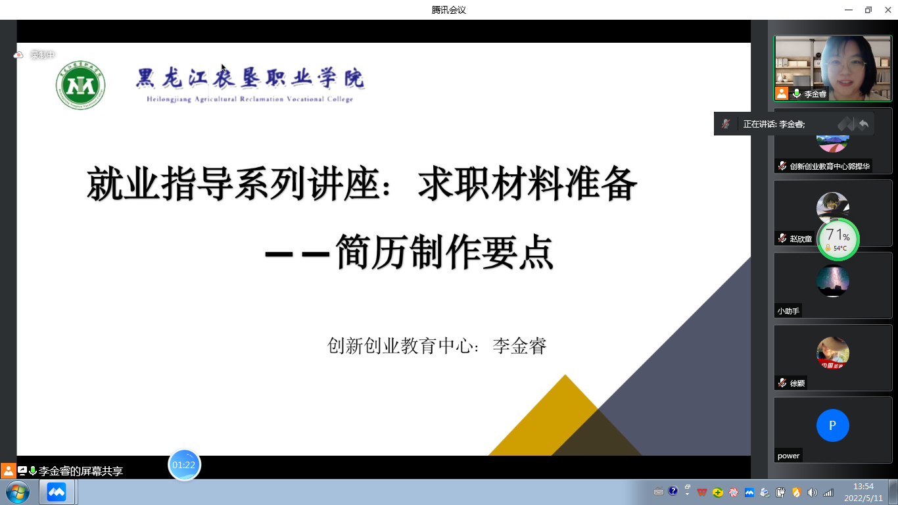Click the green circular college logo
[x=81, y=85]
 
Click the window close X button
[x=887, y=10]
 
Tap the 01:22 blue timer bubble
[x=184, y=465]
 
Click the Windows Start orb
[x=18, y=492]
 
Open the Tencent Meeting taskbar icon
[x=57, y=492]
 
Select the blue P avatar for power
[x=833, y=425]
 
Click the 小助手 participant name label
[x=788, y=311]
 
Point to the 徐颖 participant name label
[x=797, y=383]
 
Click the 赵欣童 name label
[x=801, y=239]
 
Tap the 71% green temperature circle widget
[x=838, y=239]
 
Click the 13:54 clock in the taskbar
[x=863, y=487]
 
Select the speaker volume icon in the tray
[x=812, y=493]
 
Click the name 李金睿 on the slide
[x=519, y=346]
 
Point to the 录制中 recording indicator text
[x=43, y=55]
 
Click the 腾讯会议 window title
[x=448, y=10]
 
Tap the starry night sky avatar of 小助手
[x=833, y=281]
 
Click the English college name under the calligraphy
[x=250, y=99]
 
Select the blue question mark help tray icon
[x=673, y=491]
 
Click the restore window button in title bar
[x=868, y=10]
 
